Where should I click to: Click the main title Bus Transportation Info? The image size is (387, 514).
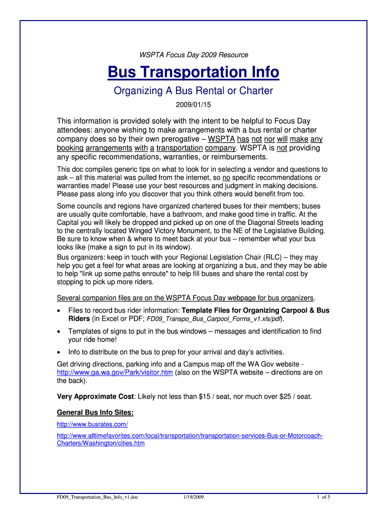pos(193,73)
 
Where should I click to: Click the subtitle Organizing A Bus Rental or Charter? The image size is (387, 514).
pos(193,91)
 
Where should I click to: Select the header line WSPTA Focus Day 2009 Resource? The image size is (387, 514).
pos(193,55)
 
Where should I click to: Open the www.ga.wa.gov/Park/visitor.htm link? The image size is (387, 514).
pos(115,372)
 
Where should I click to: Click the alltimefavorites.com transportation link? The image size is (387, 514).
pos(190,435)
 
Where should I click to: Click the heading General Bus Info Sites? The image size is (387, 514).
pos(95,413)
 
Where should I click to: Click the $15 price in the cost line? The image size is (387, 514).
pos(206,397)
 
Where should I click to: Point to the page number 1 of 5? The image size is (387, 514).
pos(323,497)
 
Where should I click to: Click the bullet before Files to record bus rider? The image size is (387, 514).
pos(60,311)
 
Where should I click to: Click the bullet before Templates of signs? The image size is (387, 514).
pos(60,332)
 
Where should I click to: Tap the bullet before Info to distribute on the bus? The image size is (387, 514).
pos(60,352)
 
